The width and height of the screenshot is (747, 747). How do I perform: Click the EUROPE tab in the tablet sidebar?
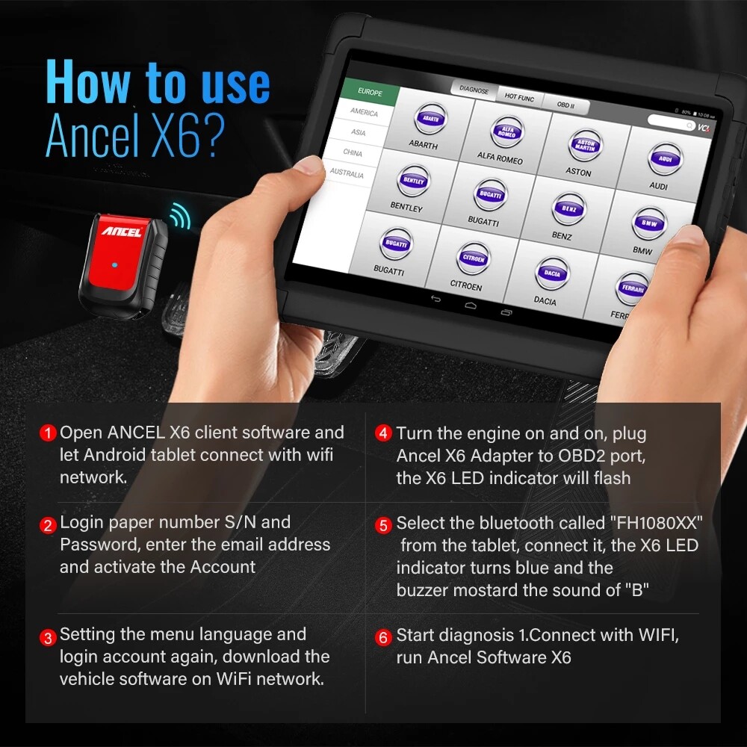pos(370,93)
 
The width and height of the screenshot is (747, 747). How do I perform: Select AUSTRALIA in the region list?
pos(347,173)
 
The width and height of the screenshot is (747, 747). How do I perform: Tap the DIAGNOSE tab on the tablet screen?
pos(474,90)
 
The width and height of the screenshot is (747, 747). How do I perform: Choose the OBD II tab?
pos(565,105)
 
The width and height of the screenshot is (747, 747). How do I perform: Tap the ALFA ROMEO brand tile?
pos(502,138)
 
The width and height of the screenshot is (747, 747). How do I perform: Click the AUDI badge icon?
pos(660,158)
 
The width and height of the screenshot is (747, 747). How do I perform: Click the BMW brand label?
pos(642,252)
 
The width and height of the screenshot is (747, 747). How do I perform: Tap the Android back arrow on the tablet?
pos(436,299)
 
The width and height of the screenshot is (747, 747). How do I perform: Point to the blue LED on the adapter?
pos(112,265)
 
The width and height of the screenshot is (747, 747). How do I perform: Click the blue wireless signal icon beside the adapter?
pos(178,217)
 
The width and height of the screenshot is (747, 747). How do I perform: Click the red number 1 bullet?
pos(49,433)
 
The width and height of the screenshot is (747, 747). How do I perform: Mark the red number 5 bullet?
pos(383,525)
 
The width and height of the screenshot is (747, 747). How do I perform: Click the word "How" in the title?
pos(87,84)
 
